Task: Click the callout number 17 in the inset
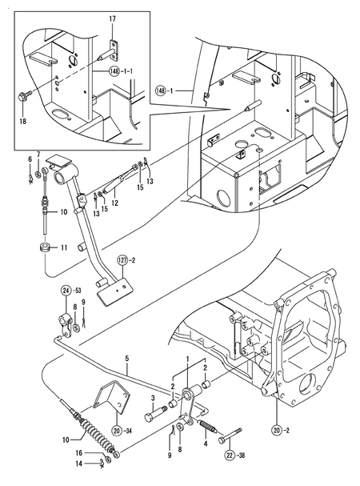coord(112,18)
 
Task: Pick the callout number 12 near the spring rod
coord(114,203)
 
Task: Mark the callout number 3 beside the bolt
coord(153,398)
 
